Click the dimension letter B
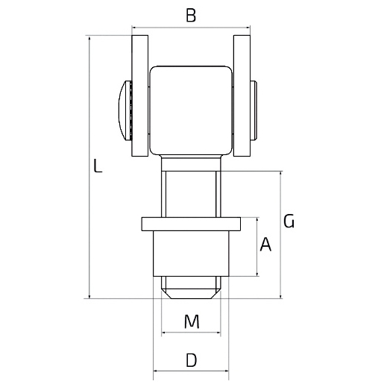click(191, 15)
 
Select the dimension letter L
click(98, 166)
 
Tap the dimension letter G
click(289, 221)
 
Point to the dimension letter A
click(265, 245)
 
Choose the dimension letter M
click(192, 321)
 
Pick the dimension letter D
click(192, 360)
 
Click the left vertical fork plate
click(140, 95)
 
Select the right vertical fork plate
click(242, 95)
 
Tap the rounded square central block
click(191, 110)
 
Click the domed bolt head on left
click(125, 110)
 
